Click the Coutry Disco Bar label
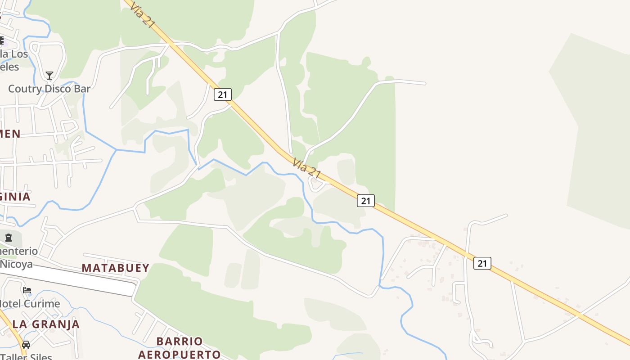click(x=49, y=89)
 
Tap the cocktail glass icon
click(x=49, y=76)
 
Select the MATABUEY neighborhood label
click(x=115, y=268)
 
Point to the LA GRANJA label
click(x=46, y=324)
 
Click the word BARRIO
click(x=180, y=341)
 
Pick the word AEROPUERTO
click(x=179, y=355)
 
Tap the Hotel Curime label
click(x=30, y=304)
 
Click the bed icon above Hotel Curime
click(x=27, y=290)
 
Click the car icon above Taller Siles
click(x=26, y=345)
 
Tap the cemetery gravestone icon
click(x=9, y=237)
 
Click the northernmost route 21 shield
click(x=222, y=94)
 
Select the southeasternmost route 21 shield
click(x=482, y=263)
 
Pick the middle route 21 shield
click(x=365, y=201)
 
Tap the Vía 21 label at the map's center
click(x=306, y=168)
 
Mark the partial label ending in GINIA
click(x=15, y=197)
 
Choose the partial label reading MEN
click(x=10, y=134)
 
